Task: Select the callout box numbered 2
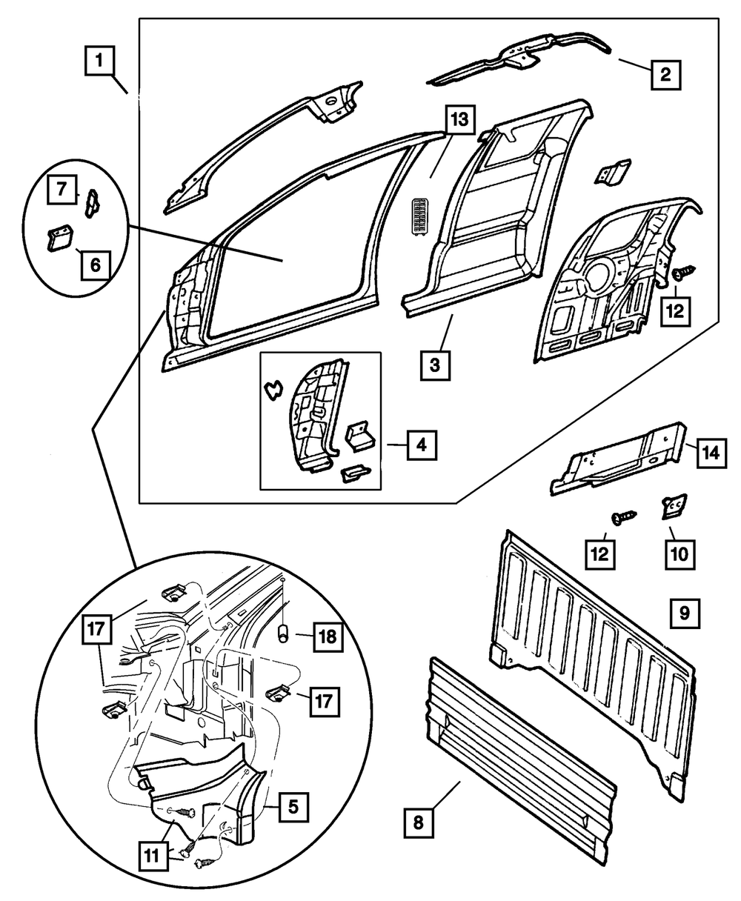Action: click(x=665, y=73)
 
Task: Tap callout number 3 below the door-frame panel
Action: click(x=436, y=366)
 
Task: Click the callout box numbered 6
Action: click(x=96, y=262)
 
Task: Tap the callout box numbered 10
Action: click(x=679, y=552)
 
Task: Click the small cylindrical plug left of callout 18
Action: click(x=282, y=635)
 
